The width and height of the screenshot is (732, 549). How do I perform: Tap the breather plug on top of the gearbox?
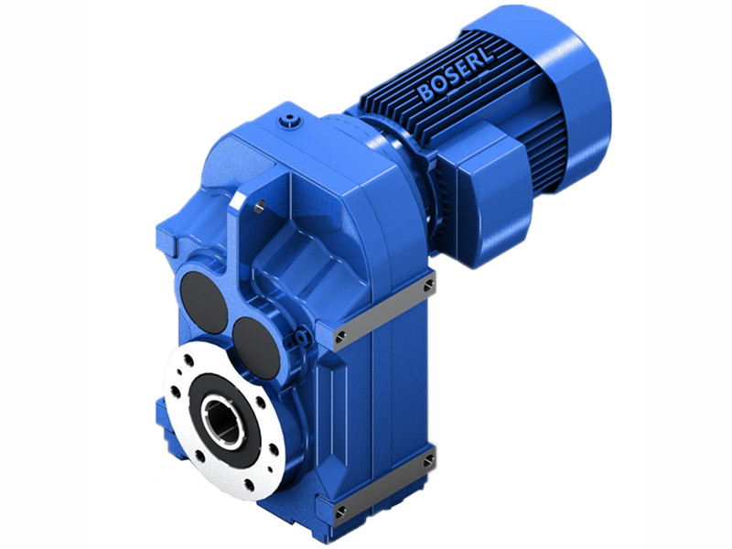pos(291,119)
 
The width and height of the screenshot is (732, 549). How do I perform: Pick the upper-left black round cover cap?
pos(204,303)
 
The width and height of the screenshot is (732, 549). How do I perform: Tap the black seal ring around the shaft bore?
pos(221,404)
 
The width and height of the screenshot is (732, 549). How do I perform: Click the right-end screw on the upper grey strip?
pos(427,285)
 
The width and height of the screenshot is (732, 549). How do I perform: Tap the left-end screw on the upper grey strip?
pos(340,339)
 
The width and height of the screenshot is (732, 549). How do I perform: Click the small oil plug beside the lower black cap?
pos(296,341)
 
